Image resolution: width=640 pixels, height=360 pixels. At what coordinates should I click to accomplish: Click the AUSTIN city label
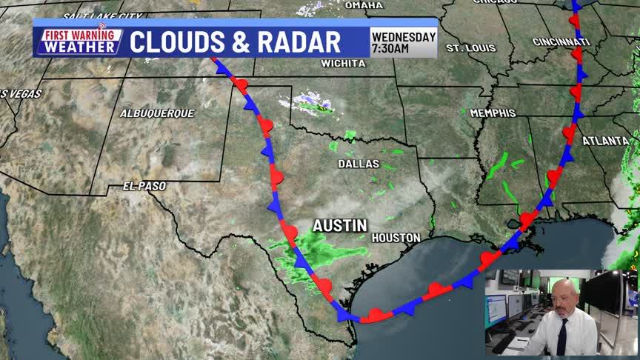coord(340,224)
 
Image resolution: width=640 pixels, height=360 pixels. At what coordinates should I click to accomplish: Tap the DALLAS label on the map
coord(359,164)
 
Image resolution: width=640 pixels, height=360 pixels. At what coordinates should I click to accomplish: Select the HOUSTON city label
coord(396,238)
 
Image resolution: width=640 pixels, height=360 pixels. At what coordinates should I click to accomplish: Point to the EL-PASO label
coord(145,187)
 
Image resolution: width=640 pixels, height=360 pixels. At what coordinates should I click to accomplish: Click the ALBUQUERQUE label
coord(157,113)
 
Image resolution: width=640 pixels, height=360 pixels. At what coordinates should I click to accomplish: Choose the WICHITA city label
coord(343,64)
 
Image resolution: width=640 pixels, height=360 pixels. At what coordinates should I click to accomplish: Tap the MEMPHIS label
coord(492,113)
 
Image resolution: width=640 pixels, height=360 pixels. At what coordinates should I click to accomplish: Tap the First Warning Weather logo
coord(79,41)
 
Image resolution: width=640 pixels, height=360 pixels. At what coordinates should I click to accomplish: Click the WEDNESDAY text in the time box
coord(404,37)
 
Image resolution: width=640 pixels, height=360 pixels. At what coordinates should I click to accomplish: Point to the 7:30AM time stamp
coord(390,49)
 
